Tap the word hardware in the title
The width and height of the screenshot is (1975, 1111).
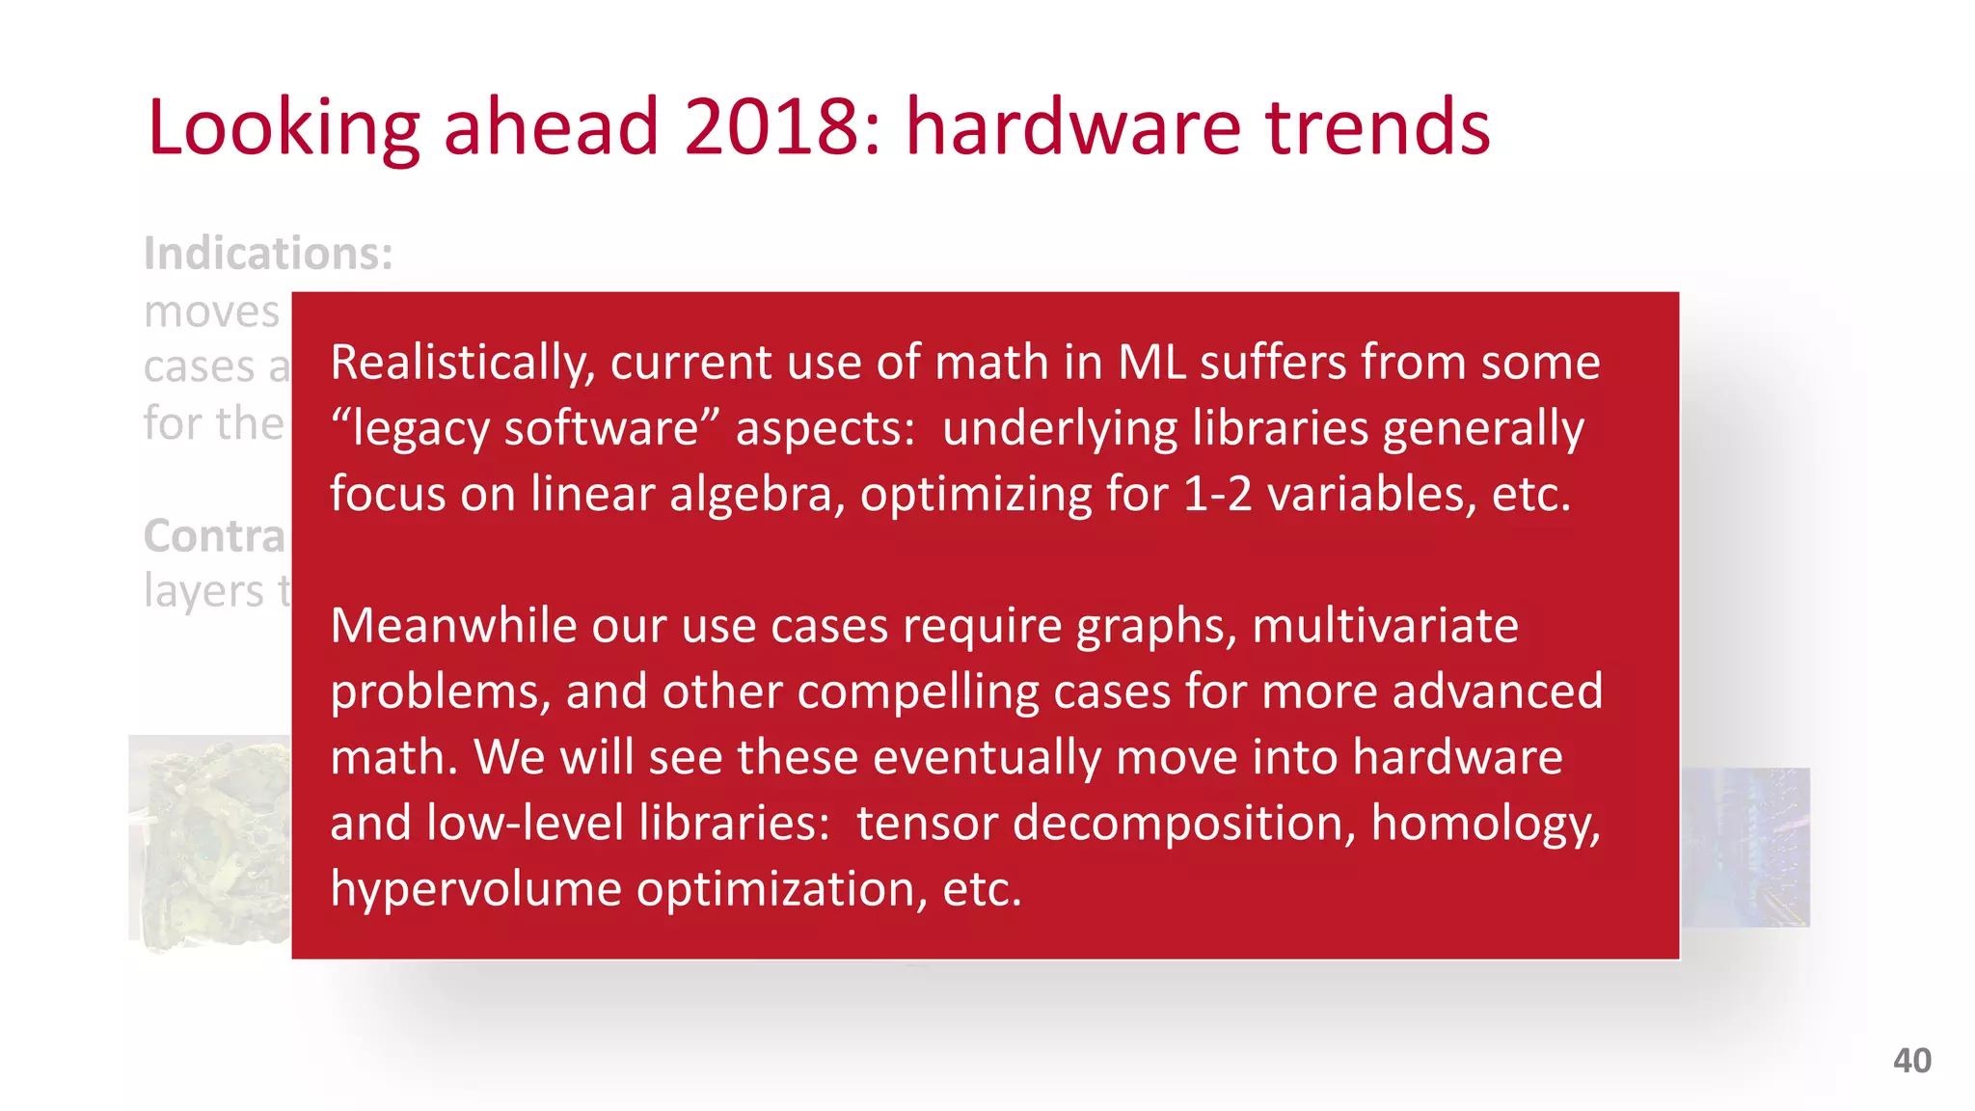click(x=1072, y=127)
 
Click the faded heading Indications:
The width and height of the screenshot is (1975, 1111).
click(x=268, y=254)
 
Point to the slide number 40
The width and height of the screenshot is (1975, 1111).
click(x=1911, y=1061)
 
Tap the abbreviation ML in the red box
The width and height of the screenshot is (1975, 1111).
click(x=1151, y=364)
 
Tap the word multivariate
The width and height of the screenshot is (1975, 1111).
click(x=1385, y=626)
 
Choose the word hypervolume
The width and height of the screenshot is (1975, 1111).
click(x=475, y=889)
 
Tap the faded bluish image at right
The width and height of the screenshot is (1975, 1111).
click(x=1745, y=847)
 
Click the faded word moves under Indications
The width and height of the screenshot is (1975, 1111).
click(x=211, y=312)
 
